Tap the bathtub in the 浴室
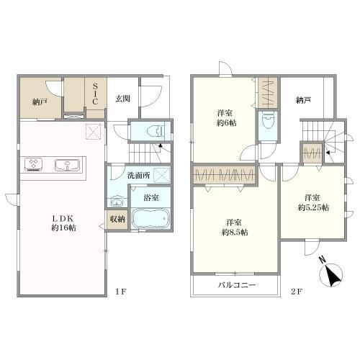point(150,218)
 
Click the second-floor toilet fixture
point(268,121)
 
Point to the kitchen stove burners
point(33,164)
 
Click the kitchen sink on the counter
point(67,165)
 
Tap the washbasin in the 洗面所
point(117,202)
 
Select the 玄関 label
point(123,99)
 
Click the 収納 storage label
point(117,219)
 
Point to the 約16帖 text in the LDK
point(63,228)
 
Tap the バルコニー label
point(237,285)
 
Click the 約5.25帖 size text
point(313,207)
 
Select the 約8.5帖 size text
point(235,232)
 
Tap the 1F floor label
point(121,292)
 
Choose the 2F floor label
point(297,292)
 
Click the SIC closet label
point(95,94)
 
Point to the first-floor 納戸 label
point(40,102)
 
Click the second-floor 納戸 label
point(304,100)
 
